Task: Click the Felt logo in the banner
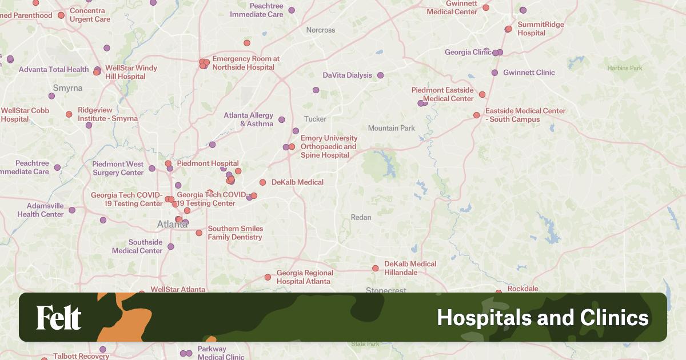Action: (x=59, y=318)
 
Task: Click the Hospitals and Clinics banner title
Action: (x=543, y=318)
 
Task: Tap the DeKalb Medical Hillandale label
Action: (x=410, y=268)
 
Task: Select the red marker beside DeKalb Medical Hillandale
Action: (x=376, y=268)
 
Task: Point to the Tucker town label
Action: (x=315, y=119)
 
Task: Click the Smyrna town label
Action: (x=67, y=88)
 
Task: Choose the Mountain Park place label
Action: (x=392, y=128)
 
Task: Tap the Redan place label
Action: (x=361, y=217)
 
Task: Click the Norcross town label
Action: (x=321, y=30)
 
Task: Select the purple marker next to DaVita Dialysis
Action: (x=380, y=75)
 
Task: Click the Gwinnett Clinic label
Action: (x=529, y=73)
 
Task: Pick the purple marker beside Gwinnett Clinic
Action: (x=494, y=73)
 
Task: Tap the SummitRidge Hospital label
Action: (x=540, y=29)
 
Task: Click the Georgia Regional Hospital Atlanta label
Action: (x=305, y=277)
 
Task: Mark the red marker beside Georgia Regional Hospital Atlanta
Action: (x=268, y=277)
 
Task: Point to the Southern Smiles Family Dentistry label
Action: (x=235, y=233)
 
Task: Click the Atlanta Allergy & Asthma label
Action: (x=249, y=119)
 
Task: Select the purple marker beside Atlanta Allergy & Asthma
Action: (x=281, y=120)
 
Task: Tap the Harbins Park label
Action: (x=625, y=68)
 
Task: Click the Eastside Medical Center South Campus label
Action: (x=525, y=115)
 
